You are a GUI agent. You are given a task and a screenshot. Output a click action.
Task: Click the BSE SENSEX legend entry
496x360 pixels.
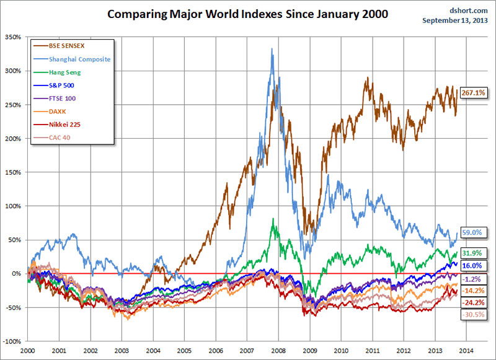64,45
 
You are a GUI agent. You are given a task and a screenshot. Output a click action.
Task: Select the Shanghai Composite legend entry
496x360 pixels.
75,59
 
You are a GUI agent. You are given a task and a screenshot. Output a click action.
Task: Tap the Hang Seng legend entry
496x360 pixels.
62,72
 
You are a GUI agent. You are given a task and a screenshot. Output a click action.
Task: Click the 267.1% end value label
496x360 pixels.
474,92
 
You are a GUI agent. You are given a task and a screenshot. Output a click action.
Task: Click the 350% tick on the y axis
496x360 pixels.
12,37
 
